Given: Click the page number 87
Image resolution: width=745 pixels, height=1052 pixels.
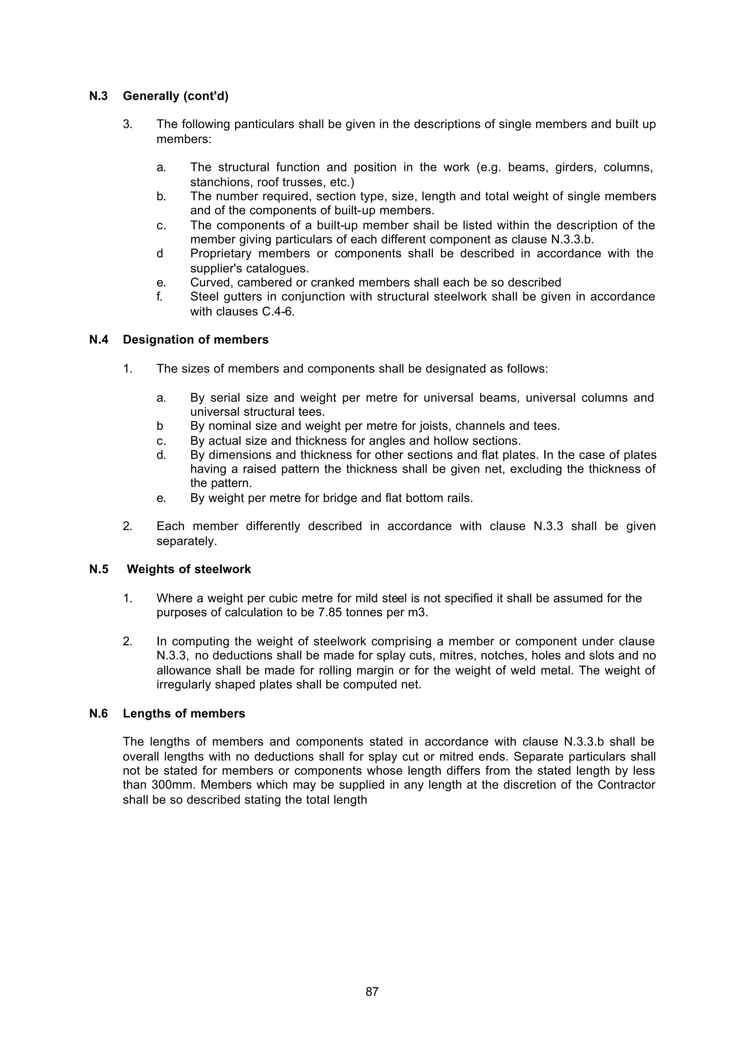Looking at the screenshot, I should point(372,992).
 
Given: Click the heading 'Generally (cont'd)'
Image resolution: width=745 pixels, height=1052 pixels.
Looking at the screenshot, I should point(175,96).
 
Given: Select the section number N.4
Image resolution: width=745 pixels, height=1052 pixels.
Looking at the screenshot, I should point(99,340).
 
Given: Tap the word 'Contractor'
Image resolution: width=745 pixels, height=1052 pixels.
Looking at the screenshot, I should point(626,785).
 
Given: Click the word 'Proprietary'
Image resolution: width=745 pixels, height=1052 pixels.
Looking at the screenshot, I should point(221,253).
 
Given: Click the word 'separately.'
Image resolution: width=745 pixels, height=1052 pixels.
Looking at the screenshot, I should point(187,541).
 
